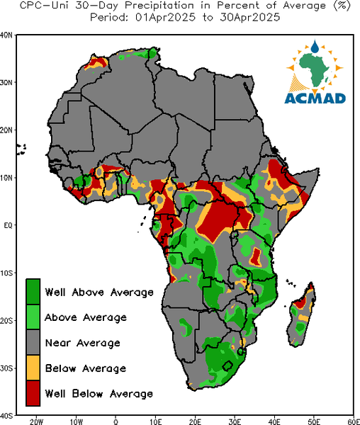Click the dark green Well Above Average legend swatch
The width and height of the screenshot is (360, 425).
tap(33, 292)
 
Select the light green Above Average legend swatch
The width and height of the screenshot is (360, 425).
tap(33, 317)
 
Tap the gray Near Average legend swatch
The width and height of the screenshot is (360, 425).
tap(33, 343)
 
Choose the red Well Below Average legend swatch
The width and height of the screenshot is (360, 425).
tap(33, 393)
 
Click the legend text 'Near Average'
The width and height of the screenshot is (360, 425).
tap(83, 343)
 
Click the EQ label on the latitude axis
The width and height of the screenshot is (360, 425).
tap(8, 225)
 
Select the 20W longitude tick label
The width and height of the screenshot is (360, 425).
tap(36, 421)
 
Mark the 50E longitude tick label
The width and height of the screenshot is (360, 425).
tap(314, 421)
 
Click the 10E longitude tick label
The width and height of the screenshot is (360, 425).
tap(156, 421)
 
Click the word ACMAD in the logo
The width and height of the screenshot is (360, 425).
tap(315, 98)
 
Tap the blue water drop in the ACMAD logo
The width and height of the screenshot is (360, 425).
tap(315, 47)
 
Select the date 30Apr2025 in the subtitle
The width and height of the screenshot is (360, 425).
tap(249, 18)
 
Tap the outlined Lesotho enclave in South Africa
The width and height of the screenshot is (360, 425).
tap(227, 365)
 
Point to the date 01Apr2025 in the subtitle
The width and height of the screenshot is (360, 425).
tap(165, 18)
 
